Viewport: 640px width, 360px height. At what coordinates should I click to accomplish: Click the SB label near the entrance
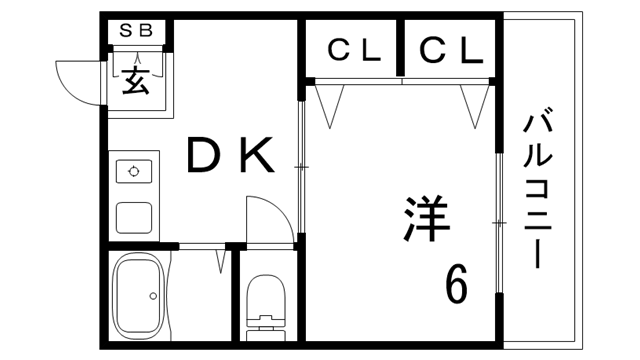[137, 30]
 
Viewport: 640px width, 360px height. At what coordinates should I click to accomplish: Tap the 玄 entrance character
[136, 80]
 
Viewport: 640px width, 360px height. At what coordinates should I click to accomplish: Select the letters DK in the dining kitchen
[229, 156]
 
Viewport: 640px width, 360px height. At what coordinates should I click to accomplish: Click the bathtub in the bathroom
[139, 295]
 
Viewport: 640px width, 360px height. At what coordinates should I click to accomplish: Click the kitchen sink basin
[134, 216]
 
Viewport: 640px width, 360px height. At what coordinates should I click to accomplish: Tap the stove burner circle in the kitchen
[133, 171]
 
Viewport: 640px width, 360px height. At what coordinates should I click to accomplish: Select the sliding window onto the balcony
[497, 220]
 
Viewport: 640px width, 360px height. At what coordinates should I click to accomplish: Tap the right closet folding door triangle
[474, 104]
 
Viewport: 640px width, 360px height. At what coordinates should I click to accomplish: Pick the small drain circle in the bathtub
[152, 296]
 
